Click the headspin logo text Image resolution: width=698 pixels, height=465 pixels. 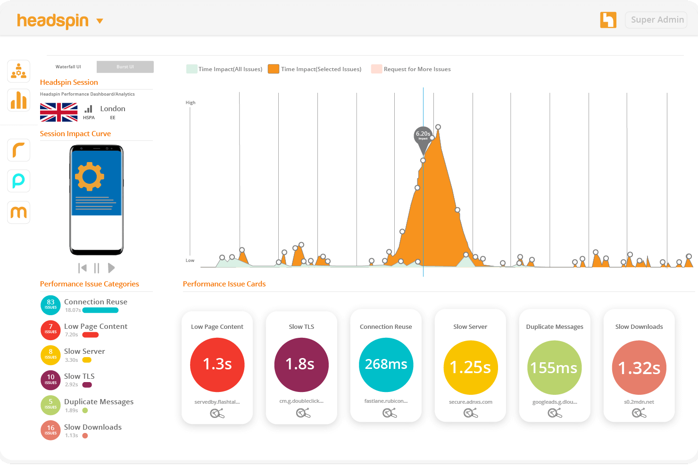point(53,21)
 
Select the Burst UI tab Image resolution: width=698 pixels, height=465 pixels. point(125,67)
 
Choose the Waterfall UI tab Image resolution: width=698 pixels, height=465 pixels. point(68,67)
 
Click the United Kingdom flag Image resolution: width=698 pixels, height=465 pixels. point(58,113)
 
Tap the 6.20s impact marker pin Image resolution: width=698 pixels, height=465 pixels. point(423,136)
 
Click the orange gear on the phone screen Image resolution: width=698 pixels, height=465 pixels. point(90,177)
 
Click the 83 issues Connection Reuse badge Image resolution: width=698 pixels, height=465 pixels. point(50,305)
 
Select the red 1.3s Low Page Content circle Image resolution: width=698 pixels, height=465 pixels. point(217,365)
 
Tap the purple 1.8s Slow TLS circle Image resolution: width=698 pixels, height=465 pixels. point(301,365)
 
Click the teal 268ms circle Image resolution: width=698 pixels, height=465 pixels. point(386,365)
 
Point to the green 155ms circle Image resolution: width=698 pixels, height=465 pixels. point(554,367)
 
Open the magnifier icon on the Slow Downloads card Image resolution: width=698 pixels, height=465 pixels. point(639,413)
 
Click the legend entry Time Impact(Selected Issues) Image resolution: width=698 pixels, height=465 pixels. point(315,69)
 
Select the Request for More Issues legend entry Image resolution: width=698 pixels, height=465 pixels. point(411,69)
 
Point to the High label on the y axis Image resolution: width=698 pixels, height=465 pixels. point(191,102)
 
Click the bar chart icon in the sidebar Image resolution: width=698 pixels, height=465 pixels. point(19,100)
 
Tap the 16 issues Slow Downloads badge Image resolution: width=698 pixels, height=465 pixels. point(50,430)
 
